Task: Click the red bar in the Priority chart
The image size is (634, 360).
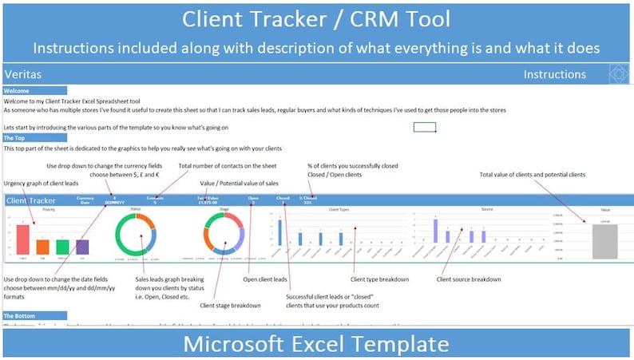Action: (22, 239)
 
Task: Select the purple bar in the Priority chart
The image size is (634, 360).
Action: (82, 247)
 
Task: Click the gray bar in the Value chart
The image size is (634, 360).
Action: (605, 240)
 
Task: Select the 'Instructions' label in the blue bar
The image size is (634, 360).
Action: (555, 74)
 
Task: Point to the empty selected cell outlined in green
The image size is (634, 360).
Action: (425, 127)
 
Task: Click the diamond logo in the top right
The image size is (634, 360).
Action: (620, 74)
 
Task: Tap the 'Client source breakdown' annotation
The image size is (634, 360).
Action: (469, 279)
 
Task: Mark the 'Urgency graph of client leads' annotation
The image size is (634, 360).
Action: (43, 184)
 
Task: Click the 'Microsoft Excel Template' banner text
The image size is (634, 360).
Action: (317, 344)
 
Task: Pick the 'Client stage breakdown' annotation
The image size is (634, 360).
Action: (231, 305)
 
